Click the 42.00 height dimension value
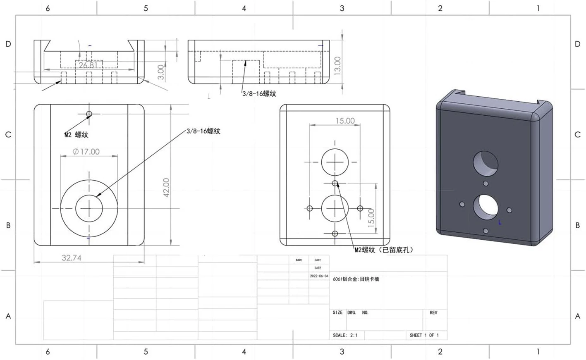click(x=166, y=187)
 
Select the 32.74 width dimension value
click(x=72, y=258)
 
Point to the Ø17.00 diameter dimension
click(x=86, y=152)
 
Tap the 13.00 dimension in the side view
click(x=337, y=65)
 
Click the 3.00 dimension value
click(x=161, y=72)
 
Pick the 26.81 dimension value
click(x=88, y=65)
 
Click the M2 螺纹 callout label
click(x=76, y=135)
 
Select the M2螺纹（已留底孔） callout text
click(x=384, y=250)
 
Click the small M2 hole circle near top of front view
click(x=89, y=114)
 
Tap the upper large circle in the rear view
click(x=335, y=162)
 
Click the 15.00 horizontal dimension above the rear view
click(x=345, y=121)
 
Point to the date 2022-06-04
click(x=319, y=276)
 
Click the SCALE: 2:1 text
click(x=345, y=335)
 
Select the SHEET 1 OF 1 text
click(x=424, y=335)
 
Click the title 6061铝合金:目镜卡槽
click(x=356, y=279)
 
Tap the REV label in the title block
click(x=433, y=312)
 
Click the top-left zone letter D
click(x=8, y=44)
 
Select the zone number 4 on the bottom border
click(x=244, y=352)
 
